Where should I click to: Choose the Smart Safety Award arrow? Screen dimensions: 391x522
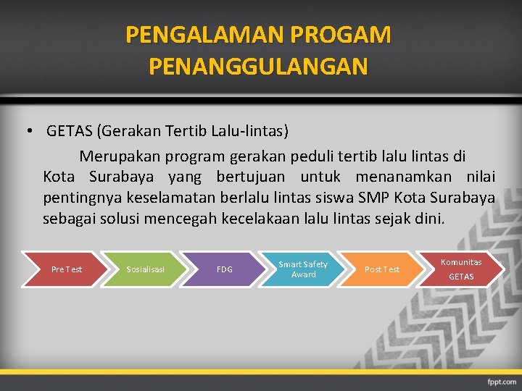tap(303, 269)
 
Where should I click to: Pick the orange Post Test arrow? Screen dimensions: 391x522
tap(382, 269)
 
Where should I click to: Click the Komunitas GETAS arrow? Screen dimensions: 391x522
tap(461, 269)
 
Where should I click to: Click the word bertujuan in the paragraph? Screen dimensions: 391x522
tap(249, 177)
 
